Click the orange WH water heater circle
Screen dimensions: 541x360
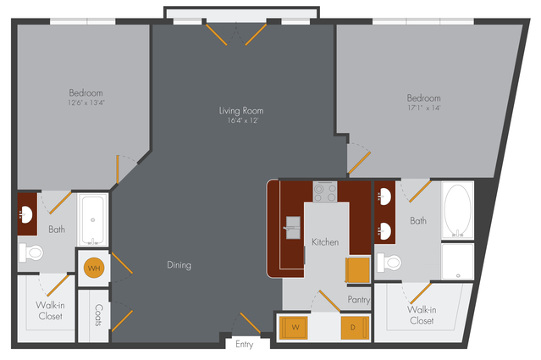[94, 268]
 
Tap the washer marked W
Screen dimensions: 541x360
[293, 328]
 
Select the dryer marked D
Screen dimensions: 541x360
[355, 328]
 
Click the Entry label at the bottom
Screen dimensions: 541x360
[245, 344]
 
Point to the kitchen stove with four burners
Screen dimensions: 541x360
[325, 192]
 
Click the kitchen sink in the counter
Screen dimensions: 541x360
[292, 228]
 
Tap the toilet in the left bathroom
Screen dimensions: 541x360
[31, 252]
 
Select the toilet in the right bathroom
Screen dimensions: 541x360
[389, 263]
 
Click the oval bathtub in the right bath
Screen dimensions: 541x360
[457, 211]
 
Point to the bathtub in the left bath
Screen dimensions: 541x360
[92, 220]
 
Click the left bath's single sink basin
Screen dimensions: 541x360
[25, 215]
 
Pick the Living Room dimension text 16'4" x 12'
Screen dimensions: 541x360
[242, 120]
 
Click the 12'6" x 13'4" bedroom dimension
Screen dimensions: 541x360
[86, 102]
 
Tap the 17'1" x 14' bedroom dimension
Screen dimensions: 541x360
[424, 108]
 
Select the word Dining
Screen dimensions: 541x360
[179, 265]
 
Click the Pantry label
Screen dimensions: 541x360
[359, 300]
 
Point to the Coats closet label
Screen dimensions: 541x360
[99, 315]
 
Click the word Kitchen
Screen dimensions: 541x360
[325, 242]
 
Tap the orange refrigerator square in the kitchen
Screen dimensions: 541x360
[358, 270]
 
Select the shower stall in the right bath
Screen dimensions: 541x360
[457, 261]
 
